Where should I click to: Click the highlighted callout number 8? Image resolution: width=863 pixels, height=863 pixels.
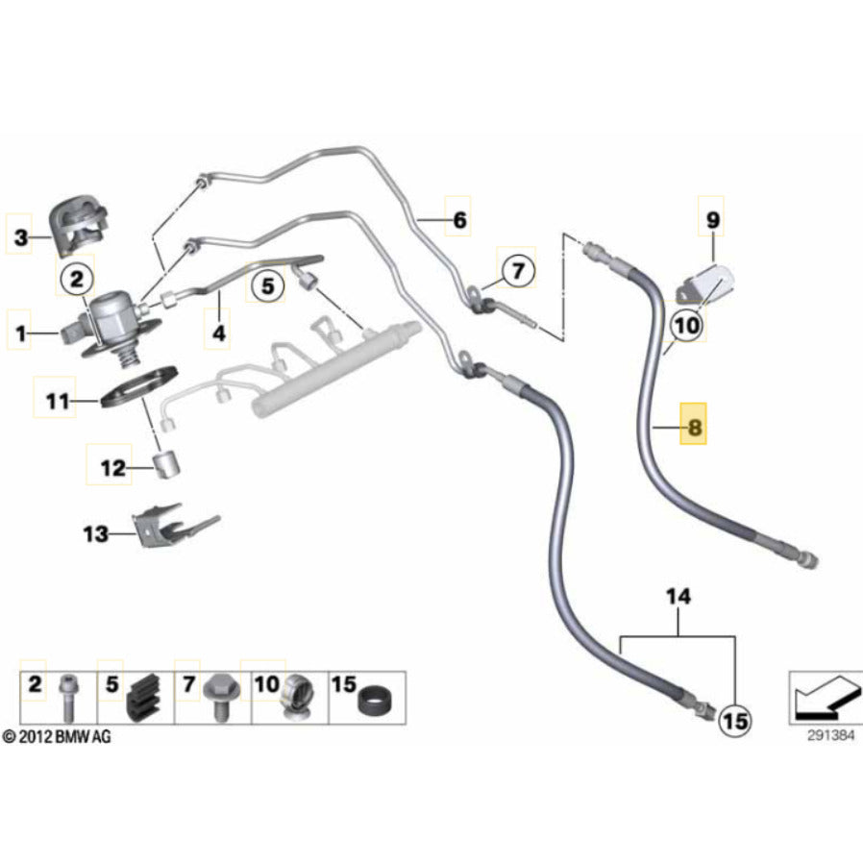694,423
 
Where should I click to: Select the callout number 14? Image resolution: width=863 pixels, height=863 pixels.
678,597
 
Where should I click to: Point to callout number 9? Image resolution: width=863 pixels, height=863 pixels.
712,220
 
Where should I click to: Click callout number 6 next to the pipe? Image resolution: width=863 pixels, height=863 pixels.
459,221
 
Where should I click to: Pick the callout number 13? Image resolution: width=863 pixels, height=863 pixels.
96,533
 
